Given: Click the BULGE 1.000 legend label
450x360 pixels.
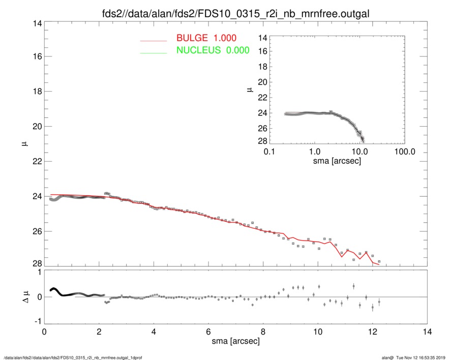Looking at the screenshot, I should (206, 39).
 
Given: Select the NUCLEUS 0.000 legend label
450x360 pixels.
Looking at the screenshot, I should (213, 50).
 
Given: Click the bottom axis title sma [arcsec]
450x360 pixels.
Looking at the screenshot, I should (235, 341).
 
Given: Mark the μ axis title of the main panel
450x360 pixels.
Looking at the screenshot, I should (22, 144).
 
